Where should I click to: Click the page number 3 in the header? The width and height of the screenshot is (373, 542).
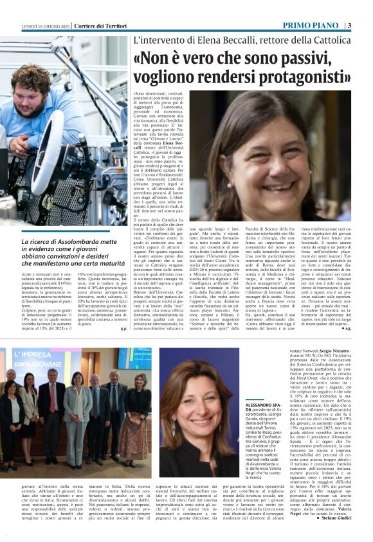(x=349, y=26)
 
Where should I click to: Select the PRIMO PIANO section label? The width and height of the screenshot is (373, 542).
(x=310, y=26)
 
